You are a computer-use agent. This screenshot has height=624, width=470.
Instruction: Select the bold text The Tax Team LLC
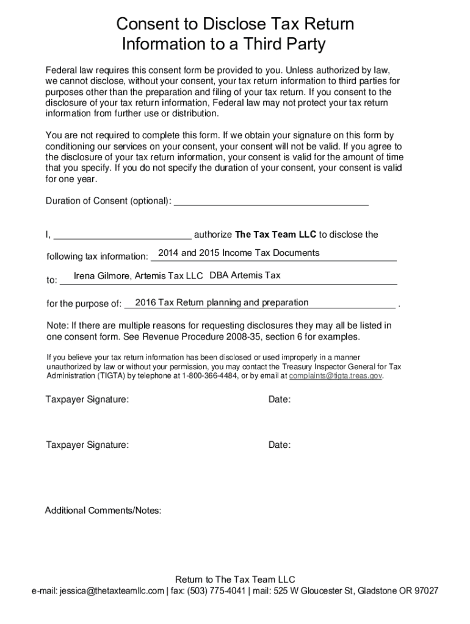[x=276, y=235]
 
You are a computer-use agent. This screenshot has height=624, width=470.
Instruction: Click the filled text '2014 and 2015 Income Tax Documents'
[x=238, y=253]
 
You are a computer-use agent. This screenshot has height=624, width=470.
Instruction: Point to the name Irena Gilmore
[x=101, y=276]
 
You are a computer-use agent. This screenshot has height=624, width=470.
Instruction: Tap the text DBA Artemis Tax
[x=245, y=275]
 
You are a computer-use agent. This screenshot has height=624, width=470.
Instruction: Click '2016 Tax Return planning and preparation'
[x=222, y=303]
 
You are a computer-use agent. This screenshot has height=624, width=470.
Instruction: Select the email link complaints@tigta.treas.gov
[x=335, y=377]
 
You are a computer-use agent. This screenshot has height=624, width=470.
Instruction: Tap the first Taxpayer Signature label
[x=87, y=400]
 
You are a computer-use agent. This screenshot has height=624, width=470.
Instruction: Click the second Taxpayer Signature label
[x=87, y=445]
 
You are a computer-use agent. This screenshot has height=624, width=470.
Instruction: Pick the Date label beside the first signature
[x=279, y=400]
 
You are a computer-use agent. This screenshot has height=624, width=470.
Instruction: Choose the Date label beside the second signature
[x=279, y=445]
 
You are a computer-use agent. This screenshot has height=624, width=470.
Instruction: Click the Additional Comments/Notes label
[x=103, y=511]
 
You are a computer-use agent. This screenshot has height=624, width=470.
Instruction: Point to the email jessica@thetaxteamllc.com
[x=112, y=591]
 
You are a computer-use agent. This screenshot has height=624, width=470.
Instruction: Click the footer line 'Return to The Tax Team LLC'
[x=235, y=580]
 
